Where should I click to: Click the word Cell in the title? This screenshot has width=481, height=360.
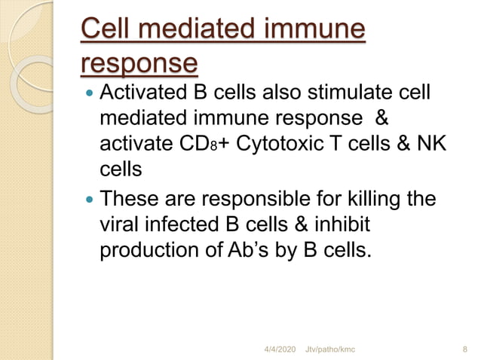106,31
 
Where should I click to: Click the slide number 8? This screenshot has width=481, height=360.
463,349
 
